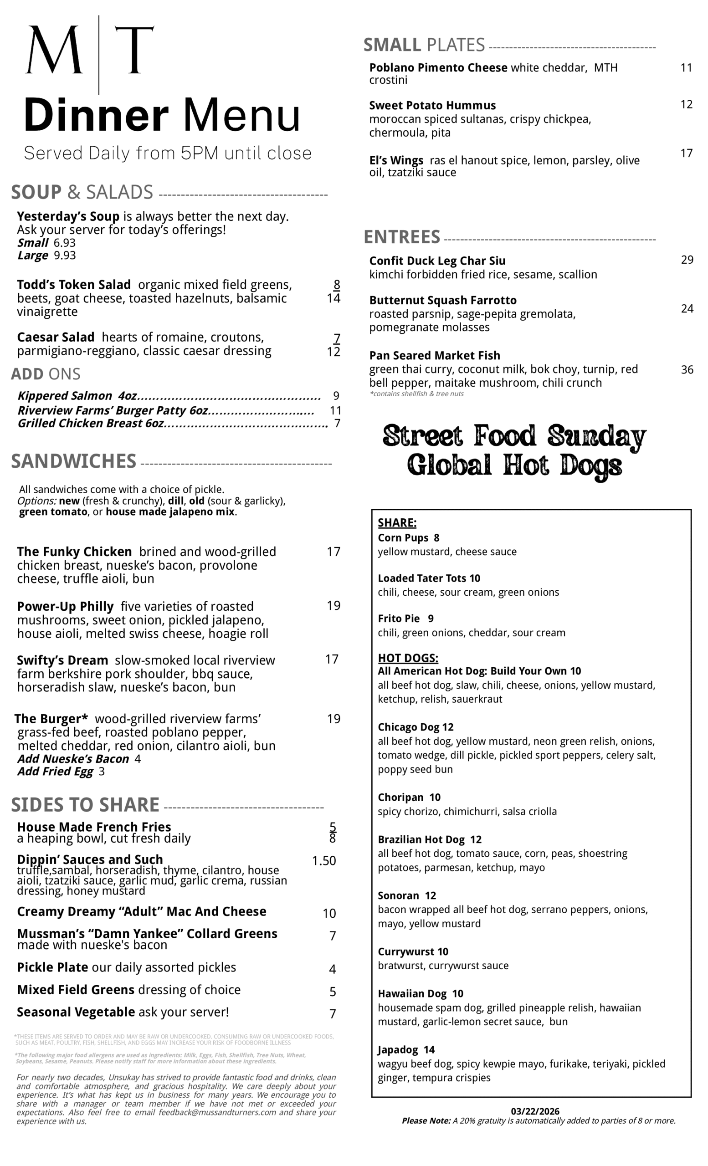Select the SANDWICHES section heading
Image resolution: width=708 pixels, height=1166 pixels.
point(73,461)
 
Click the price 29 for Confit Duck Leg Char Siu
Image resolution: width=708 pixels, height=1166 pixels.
point(687,260)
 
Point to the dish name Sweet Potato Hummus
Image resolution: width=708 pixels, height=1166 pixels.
point(432,106)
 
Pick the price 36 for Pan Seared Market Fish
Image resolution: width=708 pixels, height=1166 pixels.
point(687,369)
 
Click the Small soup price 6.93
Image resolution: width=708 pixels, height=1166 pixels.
point(64,243)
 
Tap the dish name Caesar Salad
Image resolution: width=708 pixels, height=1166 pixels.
point(56,338)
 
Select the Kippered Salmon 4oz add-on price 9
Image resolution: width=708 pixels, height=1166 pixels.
point(336,396)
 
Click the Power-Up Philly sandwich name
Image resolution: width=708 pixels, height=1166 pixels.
point(65,607)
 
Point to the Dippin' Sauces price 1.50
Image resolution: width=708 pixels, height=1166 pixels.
point(324,861)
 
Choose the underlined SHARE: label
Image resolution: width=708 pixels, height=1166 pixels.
point(396,523)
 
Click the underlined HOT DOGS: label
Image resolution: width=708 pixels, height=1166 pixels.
point(407,658)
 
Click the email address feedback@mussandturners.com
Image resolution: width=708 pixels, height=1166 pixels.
point(217,1113)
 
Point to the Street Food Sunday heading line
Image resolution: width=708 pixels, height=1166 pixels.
point(514,436)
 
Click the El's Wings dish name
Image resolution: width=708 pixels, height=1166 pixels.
point(396,160)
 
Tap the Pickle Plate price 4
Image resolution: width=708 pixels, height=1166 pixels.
point(332,970)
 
